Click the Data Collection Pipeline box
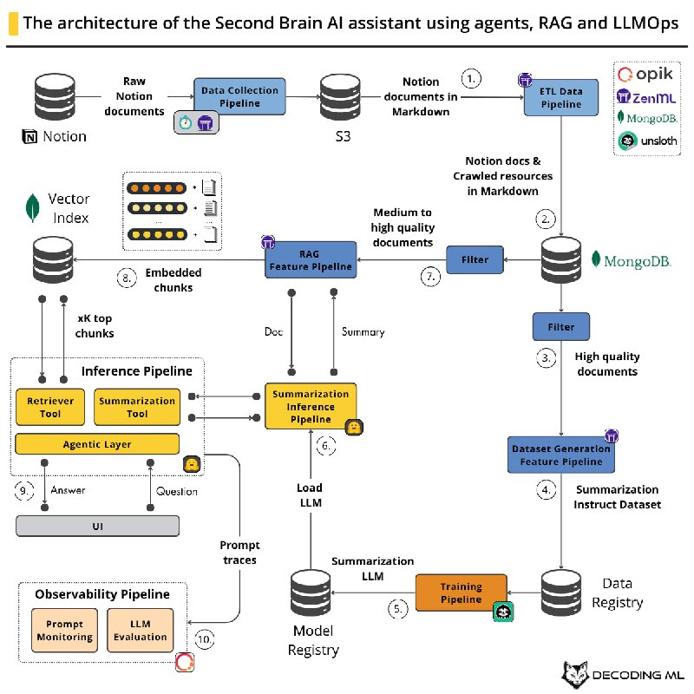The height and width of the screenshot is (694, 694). pyautogui.click(x=239, y=97)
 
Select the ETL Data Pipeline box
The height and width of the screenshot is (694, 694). pyautogui.click(x=562, y=97)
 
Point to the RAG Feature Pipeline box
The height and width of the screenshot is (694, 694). pyautogui.click(x=309, y=260)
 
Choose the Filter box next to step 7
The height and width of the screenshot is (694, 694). pyautogui.click(x=475, y=259)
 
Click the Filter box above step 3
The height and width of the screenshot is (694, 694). pyautogui.click(x=561, y=326)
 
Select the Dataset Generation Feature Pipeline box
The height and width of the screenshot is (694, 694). pyautogui.click(x=561, y=455)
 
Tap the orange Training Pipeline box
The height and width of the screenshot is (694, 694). pyautogui.click(x=461, y=593)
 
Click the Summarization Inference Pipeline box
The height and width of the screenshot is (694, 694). pyautogui.click(x=310, y=406)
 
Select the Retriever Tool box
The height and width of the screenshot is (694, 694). pyautogui.click(x=50, y=408)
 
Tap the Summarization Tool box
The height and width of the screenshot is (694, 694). pyautogui.click(x=137, y=408)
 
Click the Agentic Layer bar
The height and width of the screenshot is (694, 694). pyautogui.click(x=97, y=444)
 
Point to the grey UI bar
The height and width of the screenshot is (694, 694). pyautogui.click(x=97, y=526)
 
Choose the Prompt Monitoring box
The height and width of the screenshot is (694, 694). pyautogui.click(x=65, y=630)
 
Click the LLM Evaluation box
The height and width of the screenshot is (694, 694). pyautogui.click(x=141, y=630)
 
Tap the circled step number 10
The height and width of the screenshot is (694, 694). pyautogui.click(x=204, y=639)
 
